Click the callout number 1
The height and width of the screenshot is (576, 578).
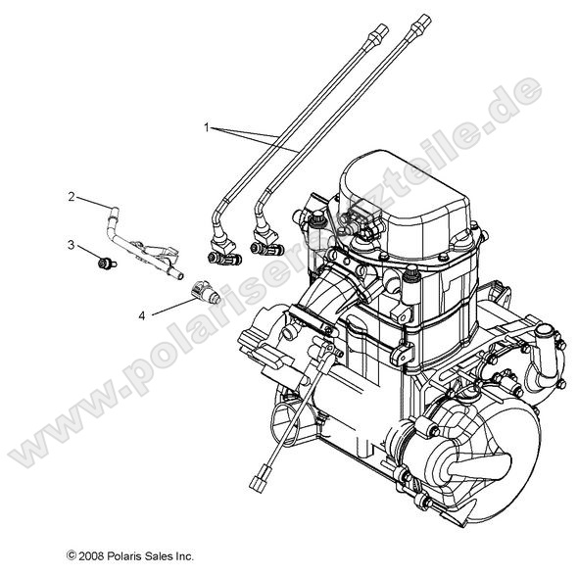point(208,127)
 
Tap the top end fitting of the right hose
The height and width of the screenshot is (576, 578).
point(421,22)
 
